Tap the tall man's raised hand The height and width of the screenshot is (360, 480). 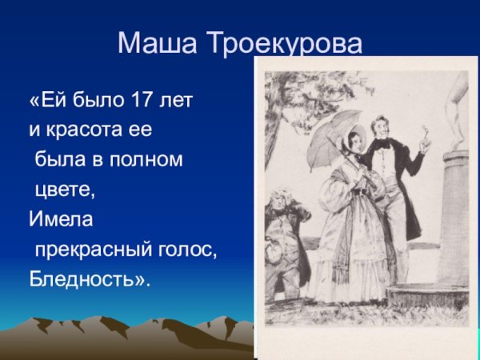(x=425, y=145)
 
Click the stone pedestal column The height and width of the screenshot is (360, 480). (x=454, y=216)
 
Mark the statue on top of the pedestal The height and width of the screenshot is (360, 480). (x=456, y=112)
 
